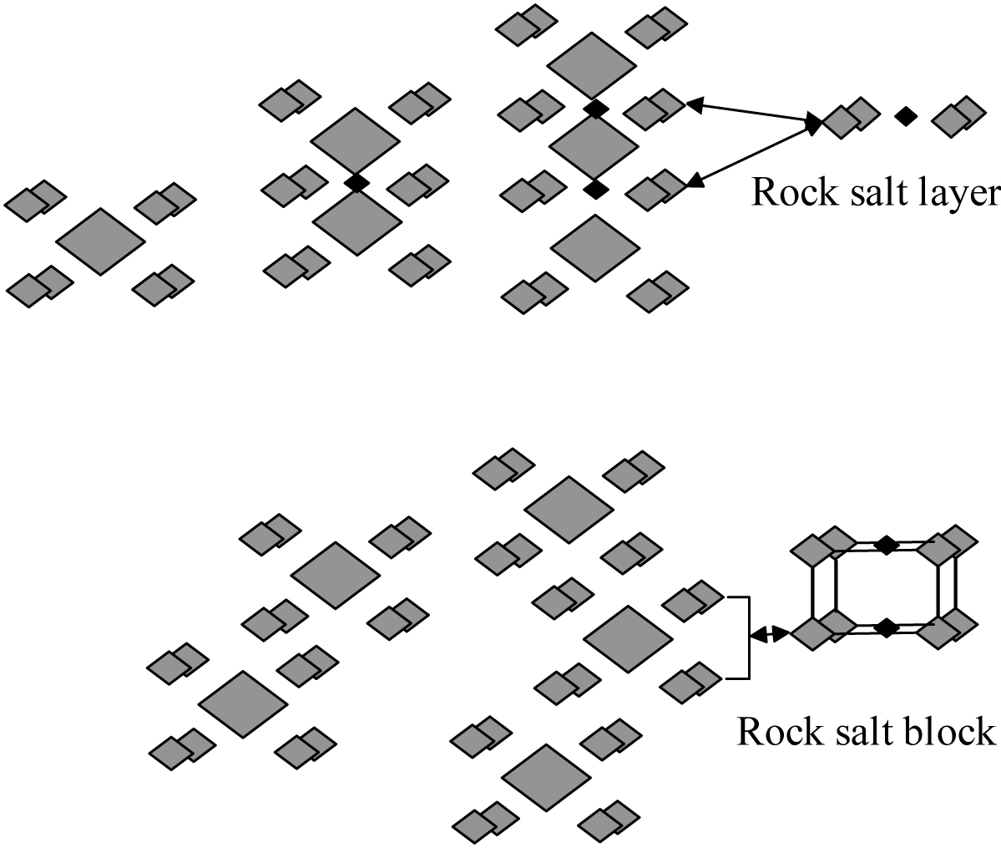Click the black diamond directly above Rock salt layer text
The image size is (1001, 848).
904,117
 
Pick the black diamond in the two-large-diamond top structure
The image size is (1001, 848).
356,183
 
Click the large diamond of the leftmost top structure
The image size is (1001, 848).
100,242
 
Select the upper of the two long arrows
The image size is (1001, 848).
751,114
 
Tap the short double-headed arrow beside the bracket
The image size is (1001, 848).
768,635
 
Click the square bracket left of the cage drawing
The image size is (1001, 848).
745,637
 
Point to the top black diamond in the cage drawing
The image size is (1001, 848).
887,545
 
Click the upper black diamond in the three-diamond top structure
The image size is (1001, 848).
594,109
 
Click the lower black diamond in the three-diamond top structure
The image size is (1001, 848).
594,190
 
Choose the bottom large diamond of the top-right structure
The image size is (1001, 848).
595,248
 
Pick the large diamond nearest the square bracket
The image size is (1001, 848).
628,639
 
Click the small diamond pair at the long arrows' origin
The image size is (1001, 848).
850,118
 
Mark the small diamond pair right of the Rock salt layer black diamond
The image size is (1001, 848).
958,116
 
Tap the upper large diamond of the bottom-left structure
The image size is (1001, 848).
336,575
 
